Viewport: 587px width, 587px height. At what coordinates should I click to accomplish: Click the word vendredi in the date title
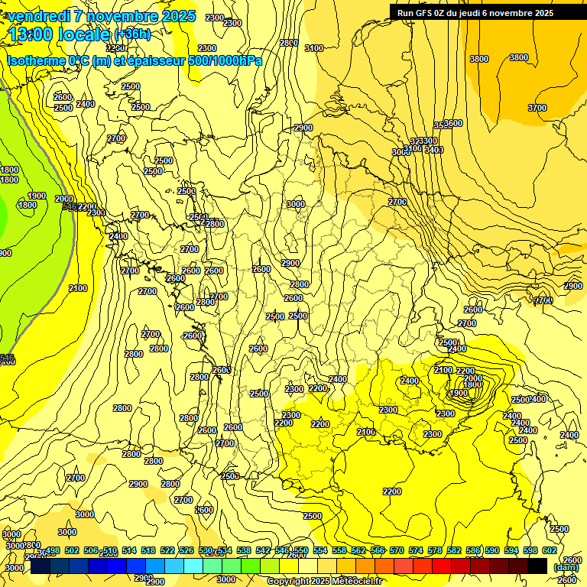[41, 16]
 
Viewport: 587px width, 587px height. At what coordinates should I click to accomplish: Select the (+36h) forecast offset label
[132, 34]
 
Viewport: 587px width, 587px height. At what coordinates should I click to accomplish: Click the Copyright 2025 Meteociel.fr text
[324, 582]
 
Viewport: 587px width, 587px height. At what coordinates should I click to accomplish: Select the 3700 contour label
[537, 109]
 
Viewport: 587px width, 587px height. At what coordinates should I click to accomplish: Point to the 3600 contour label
[453, 123]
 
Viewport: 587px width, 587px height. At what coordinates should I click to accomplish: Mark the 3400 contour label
[434, 150]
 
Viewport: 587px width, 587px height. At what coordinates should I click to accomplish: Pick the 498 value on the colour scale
[53, 550]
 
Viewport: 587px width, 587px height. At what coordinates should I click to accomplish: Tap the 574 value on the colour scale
[416, 550]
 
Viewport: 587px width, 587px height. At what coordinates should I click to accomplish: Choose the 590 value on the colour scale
[492, 550]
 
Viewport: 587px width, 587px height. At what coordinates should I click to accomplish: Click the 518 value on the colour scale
[148, 550]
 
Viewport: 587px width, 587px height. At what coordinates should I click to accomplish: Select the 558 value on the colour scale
[339, 550]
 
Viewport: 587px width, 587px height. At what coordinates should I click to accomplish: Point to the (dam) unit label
[566, 567]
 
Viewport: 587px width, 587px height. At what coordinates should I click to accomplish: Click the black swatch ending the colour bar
[537, 566]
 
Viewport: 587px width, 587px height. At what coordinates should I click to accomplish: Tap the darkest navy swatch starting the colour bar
[41, 566]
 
